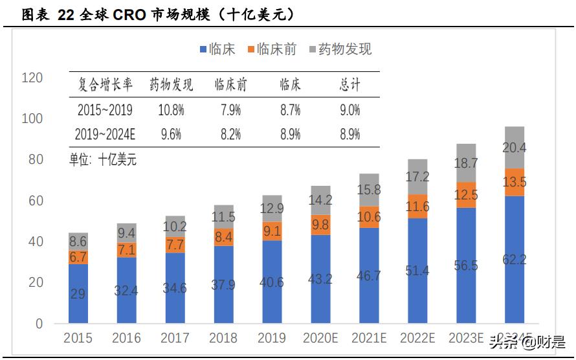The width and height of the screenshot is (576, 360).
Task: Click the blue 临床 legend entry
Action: pyautogui.click(x=217, y=49)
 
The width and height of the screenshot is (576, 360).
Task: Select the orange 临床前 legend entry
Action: pyautogui.click(x=272, y=49)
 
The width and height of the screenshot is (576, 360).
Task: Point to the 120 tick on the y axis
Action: pyautogui.click(x=32, y=78)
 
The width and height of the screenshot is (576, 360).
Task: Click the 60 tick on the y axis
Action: pyautogui.click(x=35, y=201)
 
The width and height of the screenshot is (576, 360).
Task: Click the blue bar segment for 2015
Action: pyautogui.click(x=78, y=293)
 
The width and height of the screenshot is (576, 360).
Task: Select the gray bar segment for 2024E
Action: pyautogui.click(x=515, y=148)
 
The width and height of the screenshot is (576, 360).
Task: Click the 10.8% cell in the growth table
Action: pyautogui.click(x=171, y=110)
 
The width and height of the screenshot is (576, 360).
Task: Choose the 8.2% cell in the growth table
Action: pyautogui.click(x=230, y=135)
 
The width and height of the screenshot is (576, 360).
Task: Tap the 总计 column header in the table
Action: pyautogui.click(x=349, y=85)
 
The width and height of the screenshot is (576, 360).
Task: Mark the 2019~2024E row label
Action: pyautogui.click(x=105, y=135)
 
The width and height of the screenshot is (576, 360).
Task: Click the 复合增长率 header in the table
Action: pyautogui.click(x=105, y=85)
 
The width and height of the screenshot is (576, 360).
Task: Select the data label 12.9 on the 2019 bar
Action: pyautogui.click(x=272, y=208)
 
